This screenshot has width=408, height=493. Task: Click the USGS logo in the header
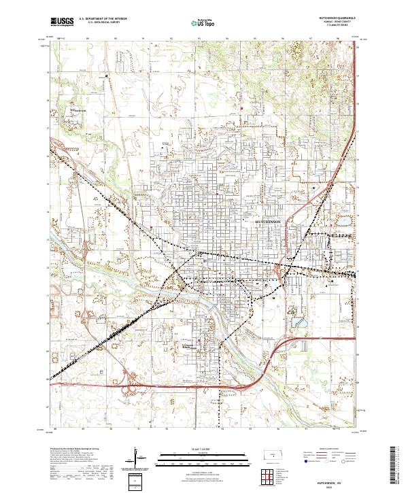pyautogui.click(x=61, y=22)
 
